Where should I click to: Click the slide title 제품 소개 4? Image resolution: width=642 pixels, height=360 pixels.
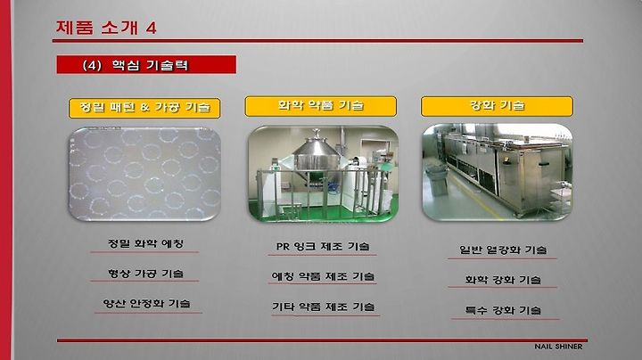click(x=106, y=28)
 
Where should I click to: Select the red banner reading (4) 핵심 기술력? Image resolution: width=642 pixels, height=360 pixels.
click(x=146, y=65)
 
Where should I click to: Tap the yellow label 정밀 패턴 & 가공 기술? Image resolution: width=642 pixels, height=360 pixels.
click(x=144, y=108)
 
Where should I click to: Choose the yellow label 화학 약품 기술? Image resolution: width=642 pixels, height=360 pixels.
click(x=321, y=106)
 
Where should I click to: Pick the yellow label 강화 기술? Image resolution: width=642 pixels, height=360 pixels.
click(x=497, y=106)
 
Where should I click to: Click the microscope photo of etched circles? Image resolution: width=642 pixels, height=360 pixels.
click(x=144, y=174)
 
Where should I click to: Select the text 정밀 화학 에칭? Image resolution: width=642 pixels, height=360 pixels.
click(x=145, y=244)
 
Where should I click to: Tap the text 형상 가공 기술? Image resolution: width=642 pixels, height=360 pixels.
click(x=145, y=274)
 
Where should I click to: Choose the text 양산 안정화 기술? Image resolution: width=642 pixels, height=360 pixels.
click(x=146, y=304)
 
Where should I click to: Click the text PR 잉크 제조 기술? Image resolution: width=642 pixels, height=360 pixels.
click(x=323, y=247)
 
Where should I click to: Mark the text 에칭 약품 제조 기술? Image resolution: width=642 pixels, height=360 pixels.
click(x=323, y=276)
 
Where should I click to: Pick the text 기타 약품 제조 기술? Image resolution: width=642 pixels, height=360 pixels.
click(x=324, y=307)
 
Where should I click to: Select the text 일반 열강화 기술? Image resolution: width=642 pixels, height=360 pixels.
click(x=503, y=250)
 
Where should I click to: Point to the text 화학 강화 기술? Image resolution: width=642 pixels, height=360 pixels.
click(x=503, y=280)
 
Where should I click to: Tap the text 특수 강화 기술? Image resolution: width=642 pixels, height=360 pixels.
click(x=503, y=310)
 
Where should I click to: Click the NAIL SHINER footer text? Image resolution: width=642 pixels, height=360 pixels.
click(x=558, y=347)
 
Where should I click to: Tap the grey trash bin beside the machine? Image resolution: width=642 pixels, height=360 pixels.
click(x=435, y=181)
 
